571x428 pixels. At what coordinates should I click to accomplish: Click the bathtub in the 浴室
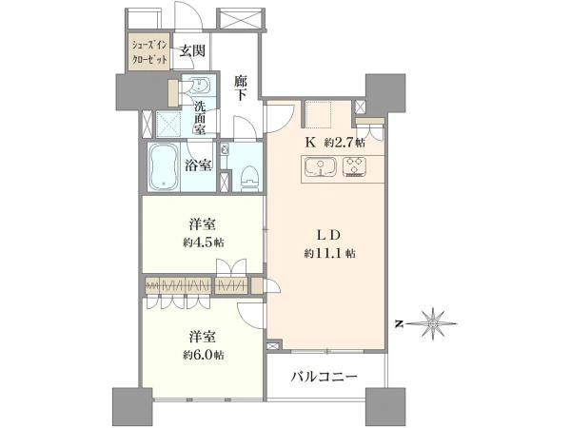pyautogui.click(x=163, y=166)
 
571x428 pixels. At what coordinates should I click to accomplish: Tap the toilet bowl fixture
pyautogui.click(x=249, y=179)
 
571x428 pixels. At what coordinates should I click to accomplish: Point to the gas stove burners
pyautogui.click(x=355, y=166)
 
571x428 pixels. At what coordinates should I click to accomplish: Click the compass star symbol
pyautogui.click(x=432, y=323)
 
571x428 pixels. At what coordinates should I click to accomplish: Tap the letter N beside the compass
pyautogui.click(x=400, y=323)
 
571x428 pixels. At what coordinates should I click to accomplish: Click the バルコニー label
pyautogui.click(x=324, y=377)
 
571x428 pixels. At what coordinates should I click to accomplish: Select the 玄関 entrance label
pyautogui.click(x=192, y=51)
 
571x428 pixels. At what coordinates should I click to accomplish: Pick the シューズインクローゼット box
pyautogui.click(x=149, y=52)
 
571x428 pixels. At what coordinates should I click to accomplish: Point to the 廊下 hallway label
pyautogui.click(x=241, y=88)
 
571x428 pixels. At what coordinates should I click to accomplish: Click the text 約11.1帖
pyautogui.click(x=330, y=253)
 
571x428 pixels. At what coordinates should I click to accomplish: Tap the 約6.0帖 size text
pyautogui.click(x=204, y=355)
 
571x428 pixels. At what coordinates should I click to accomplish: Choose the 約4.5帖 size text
pyautogui.click(x=204, y=243)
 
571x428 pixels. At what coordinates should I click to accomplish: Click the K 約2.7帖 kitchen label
pyautogui.click(x=335, y=143)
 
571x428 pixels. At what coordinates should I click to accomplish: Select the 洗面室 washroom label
pyautogui.click(x=199, y=118)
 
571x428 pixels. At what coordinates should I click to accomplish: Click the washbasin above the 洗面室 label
pyautogui.click(x=199, y=87)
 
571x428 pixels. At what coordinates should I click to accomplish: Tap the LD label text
pyautogui.click(x=329, y=235)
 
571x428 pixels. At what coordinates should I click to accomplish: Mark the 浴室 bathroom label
pyautogui.click(x=198, y=165)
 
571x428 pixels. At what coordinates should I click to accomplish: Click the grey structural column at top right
pyautogui.click(x=385, y=93)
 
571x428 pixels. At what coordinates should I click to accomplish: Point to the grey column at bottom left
pyautogui.click(x=132, y=407)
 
